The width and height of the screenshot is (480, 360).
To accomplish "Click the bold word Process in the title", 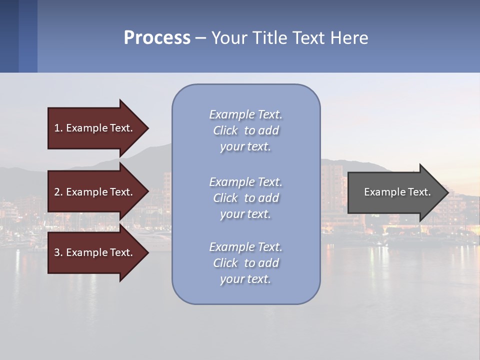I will [x=157, y=38].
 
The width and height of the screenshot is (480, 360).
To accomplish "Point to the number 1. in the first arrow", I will [x=58, y=128].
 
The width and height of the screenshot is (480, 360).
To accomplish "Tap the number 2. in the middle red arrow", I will [x=58, y=192].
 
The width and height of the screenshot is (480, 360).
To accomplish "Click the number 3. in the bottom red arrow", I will [x=58, y=252].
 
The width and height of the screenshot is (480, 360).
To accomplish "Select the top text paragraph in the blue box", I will [x=245, y=130].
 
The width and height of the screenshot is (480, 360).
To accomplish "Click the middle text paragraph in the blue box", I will [x=245, y=198].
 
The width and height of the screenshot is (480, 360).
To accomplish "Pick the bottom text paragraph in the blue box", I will [x=245, y=263].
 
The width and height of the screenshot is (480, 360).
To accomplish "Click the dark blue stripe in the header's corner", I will [x=9, y=36].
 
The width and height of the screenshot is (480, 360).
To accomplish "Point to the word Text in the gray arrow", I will [x=419, y=192].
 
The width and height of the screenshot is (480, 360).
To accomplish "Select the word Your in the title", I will [x=227, y=38].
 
